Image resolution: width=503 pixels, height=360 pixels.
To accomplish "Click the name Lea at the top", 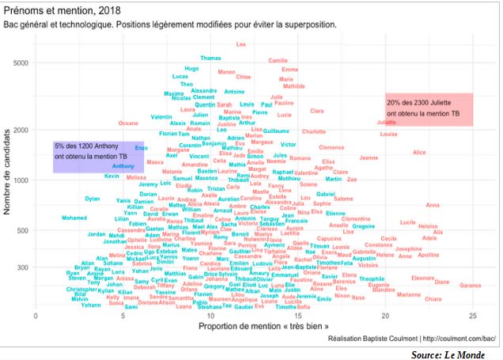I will (240, 44).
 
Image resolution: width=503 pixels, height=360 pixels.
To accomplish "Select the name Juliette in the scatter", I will (386, 123).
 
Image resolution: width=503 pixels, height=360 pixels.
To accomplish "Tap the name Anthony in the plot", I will (123, 166).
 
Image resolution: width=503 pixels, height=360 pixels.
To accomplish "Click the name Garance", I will (470, 285).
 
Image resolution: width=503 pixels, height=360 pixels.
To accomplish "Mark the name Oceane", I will (127, 123).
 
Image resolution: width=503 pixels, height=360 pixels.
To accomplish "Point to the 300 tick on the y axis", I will (25, 267).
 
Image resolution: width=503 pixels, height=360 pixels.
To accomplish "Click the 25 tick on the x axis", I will (471, 316).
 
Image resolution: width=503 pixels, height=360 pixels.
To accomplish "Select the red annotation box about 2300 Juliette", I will (429, 108).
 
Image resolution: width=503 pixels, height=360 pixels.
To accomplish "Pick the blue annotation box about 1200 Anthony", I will (87, 157).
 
